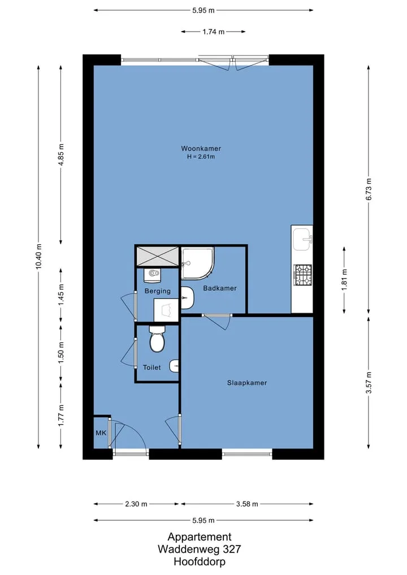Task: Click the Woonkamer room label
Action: pos(201,149)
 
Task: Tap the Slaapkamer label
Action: pos(247,383)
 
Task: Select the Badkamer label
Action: pos(220,288)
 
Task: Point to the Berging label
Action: pos(157,291)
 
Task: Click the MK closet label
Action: pos(101,433)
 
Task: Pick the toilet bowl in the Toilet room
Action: pos(157,339)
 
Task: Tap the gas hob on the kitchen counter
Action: pos(302,275)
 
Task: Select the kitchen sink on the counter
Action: pos(302,240)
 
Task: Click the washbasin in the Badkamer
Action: pos(187,298)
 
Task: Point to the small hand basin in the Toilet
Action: pos(174,366)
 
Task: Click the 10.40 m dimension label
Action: pos(38,256)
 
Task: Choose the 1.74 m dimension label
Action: pos(214,32)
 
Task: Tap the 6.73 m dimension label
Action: pos(369,189)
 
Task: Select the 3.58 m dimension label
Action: pos(247,504)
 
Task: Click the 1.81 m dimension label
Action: pos(344,280)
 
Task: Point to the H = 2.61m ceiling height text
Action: pos(201,157)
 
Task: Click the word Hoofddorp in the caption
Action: pos(200,561)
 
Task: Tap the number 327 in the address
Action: pos(232,549)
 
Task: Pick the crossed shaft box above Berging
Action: pos(157,255)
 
